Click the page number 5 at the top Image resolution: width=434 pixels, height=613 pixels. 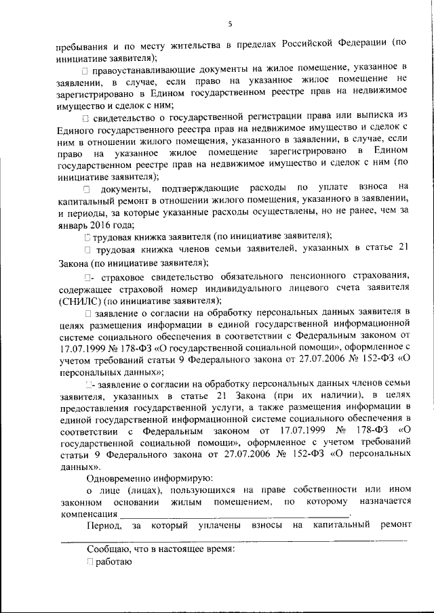[230, 24]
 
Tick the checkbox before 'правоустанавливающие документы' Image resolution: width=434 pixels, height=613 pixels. [84, 71]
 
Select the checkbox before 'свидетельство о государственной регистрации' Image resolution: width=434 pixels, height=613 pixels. [85, 121]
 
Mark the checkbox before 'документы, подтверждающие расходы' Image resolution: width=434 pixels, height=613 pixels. [86, 187]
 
